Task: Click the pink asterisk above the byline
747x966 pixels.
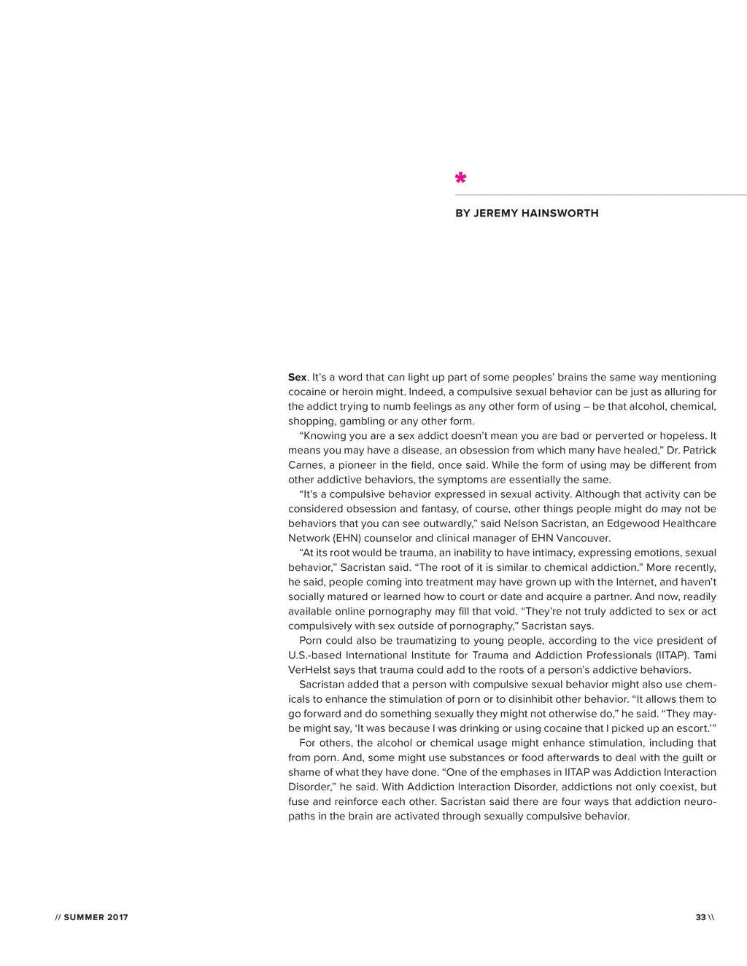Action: tap(460, 178)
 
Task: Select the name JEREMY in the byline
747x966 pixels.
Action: tap(496, 214)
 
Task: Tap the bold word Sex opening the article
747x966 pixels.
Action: tap(297, 377)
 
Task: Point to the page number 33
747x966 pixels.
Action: tap(700, 917)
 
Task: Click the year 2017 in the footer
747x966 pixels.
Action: tap(117, 917)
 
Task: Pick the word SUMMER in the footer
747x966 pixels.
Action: tap(84, 917)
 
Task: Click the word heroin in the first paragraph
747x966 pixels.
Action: tap(349, 392)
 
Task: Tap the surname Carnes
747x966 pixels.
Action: tap(306, 464)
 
